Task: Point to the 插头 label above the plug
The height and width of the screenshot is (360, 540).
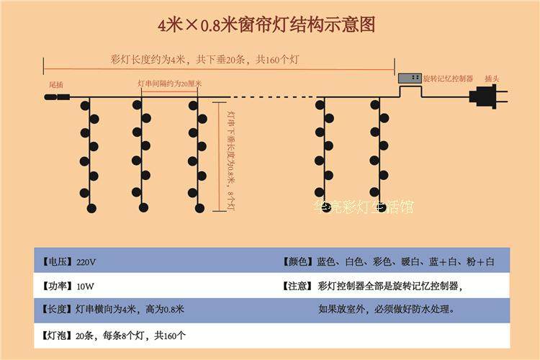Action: pos(492,78)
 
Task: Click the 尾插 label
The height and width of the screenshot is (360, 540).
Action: pos(55,85)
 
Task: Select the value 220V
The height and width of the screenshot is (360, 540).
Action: pos(85,261)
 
